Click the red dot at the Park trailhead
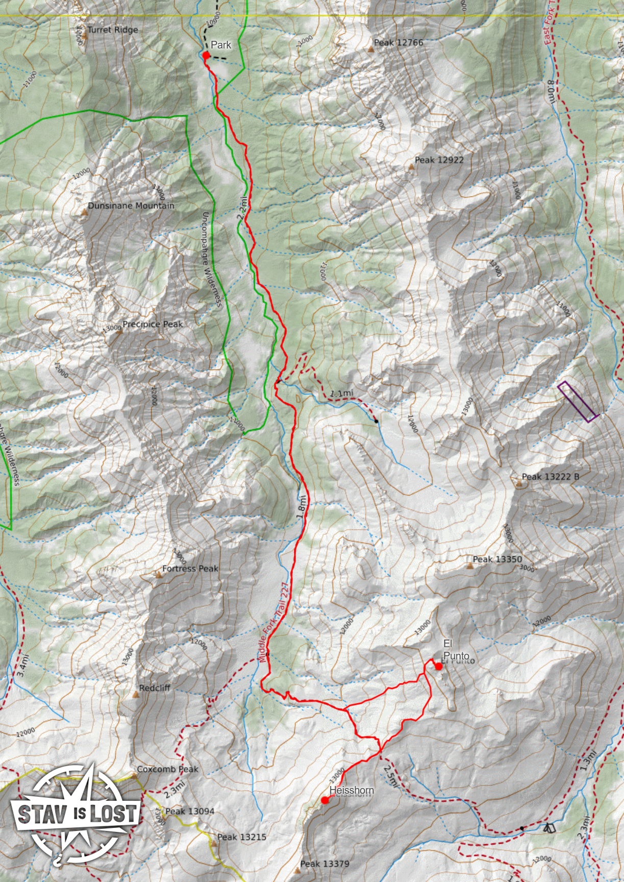206,55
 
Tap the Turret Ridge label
113,30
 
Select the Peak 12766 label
398,42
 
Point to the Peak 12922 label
439,160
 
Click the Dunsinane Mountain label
131,206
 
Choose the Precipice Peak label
153,324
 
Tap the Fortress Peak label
190,569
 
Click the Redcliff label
155,688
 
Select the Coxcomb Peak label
167,769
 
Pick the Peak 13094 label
190,811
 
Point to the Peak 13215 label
242,837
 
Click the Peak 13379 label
325,864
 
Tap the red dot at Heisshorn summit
325,800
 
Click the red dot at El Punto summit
438,666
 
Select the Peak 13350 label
497,559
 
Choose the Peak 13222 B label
550,477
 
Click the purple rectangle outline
578,402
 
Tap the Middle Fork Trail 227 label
274,623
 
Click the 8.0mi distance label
551,92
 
